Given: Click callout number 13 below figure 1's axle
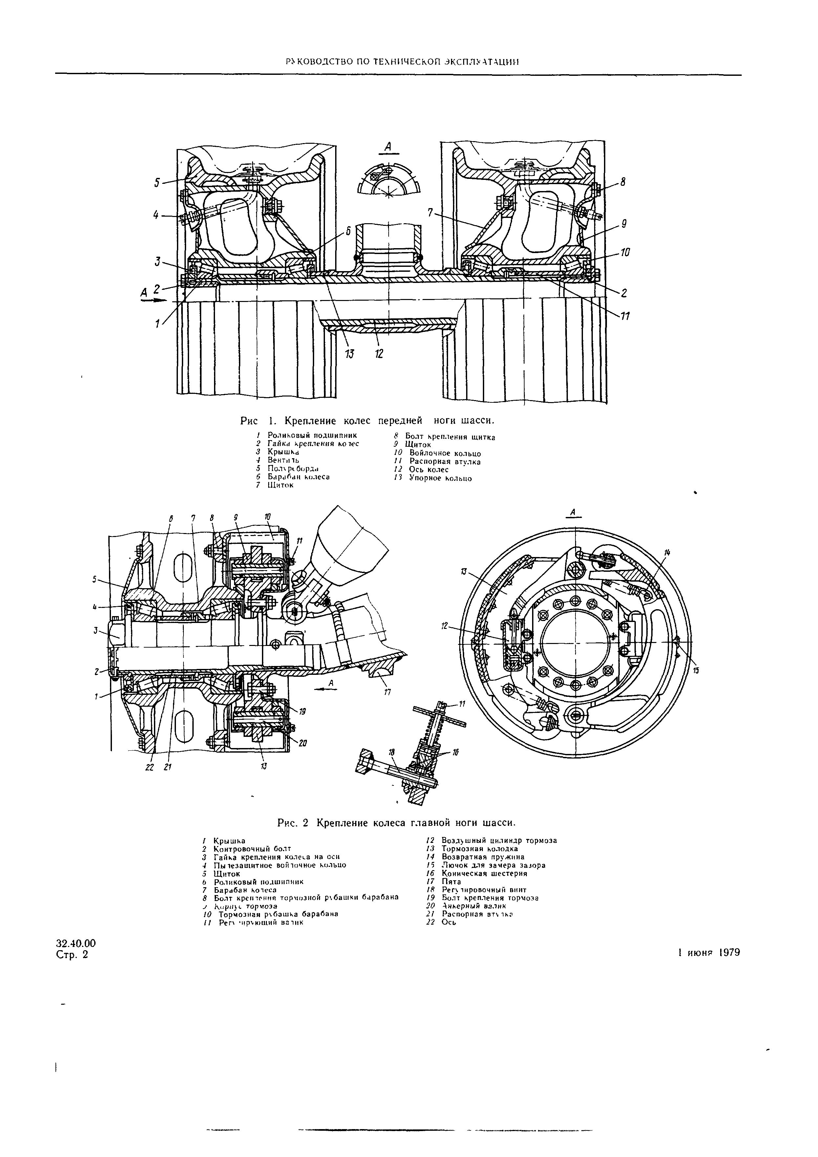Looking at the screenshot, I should [x=349, y=354].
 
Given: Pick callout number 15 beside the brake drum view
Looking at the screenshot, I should [x=696, y=670].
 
